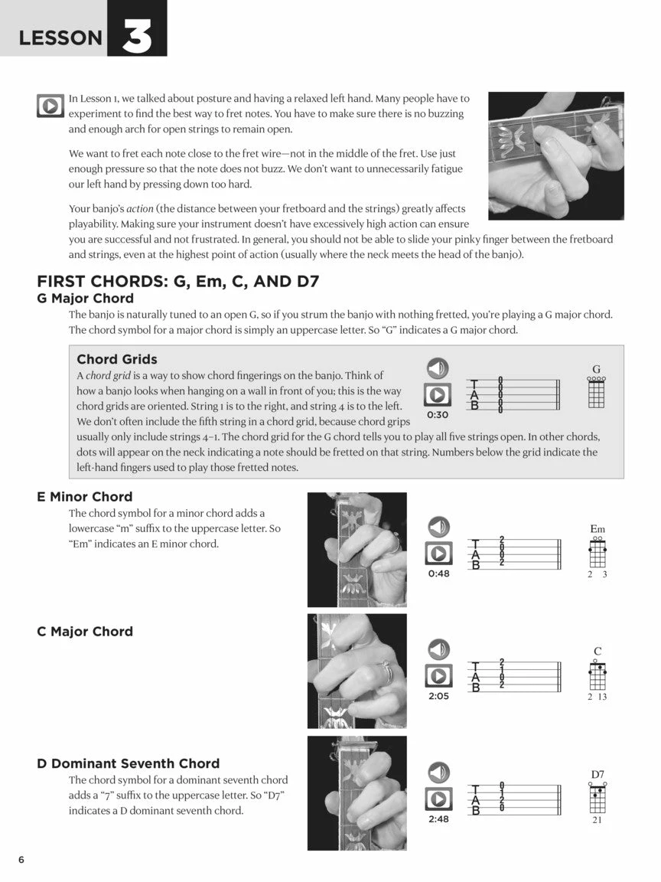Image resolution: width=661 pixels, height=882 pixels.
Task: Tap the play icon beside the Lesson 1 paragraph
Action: [x=50, y=106]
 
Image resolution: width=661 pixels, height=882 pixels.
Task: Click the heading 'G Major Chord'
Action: [x=85, y=299]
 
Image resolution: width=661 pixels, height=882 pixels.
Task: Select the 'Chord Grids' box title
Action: [x=117, y=359]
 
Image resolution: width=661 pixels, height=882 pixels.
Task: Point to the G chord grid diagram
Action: [x=596, y=392]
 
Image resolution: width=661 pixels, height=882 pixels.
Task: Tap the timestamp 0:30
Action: [x=438, y=415]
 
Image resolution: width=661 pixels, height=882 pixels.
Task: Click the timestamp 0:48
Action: [x=438, y=573]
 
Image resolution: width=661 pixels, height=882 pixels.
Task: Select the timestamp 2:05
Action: [x=438, y=696]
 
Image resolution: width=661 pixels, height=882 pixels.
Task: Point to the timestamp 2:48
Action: [x=438, y=818]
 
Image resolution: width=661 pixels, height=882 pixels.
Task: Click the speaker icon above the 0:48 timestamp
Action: [x=438, y=528]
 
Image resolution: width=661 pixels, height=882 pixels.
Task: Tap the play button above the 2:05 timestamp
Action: [x=438, y=676]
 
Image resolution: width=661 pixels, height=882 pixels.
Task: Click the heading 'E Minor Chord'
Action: [x=85, y=497]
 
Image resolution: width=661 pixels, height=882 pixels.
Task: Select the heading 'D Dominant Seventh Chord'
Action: [x=128, y=763]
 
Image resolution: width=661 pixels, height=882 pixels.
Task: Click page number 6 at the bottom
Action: [x=21, y=860]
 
